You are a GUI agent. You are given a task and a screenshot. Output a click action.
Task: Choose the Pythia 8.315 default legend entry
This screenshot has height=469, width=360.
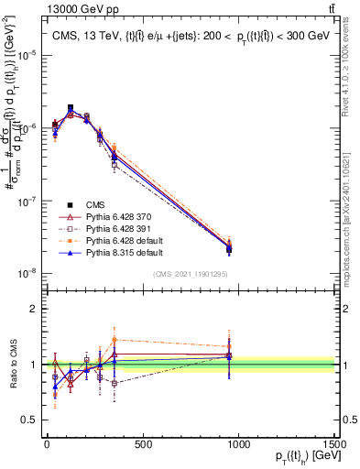[117, 252]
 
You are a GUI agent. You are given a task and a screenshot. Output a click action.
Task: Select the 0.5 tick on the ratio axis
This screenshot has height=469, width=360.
[27, 420]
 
